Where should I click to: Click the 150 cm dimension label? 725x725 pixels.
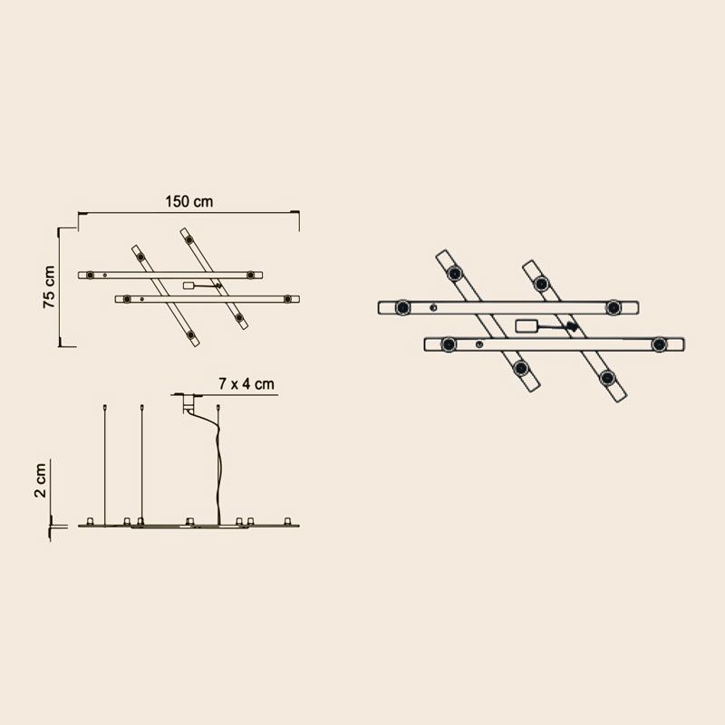[x=189, y=201]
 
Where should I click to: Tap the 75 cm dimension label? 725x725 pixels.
[x=49, y=286]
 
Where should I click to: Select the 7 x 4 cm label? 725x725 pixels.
[x=246, y=383]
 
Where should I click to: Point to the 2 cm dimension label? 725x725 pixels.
[x=41, y=480]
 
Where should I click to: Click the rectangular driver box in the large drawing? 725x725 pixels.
[x=527, y=326]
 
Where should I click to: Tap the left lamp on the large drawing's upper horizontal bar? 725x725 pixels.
[x=402, y=307]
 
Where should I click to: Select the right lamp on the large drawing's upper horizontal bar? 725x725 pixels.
[x=614, y=307]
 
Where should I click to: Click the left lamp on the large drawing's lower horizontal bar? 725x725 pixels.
[x=449, y=344]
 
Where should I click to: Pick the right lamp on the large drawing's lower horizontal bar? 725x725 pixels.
[x=660, y=344]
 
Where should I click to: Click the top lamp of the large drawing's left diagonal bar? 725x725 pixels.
[x=455, y=274]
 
